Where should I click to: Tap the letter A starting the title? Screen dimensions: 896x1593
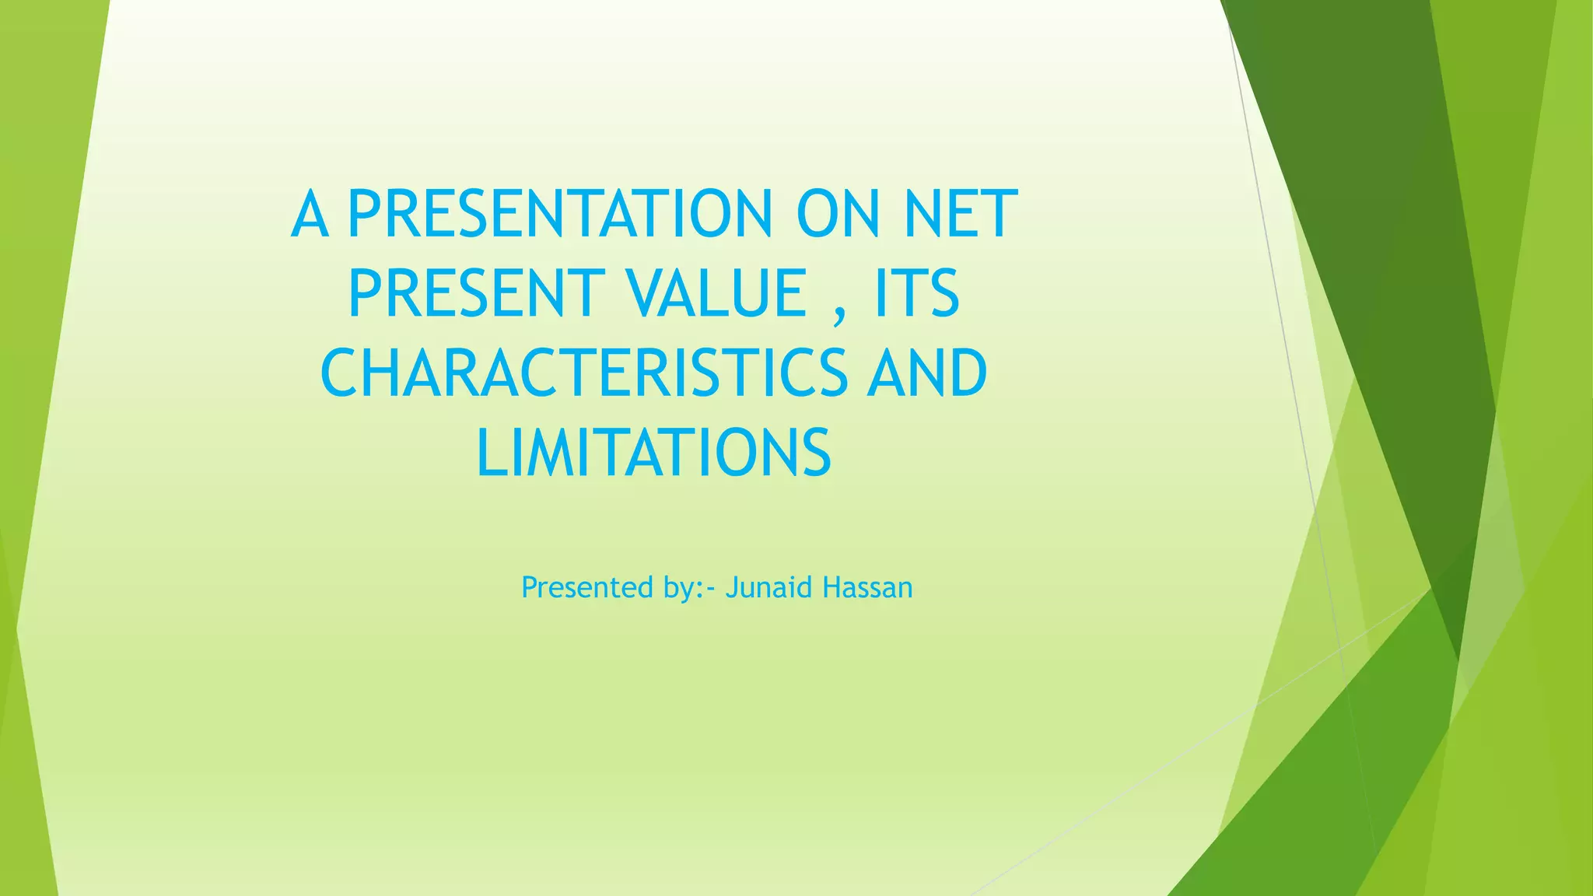pyautogui.click(x=310, y=213)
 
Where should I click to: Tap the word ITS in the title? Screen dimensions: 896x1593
pyautogui.click(x=916, y=293)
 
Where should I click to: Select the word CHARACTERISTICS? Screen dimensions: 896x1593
pyautogui.click(x=583, y=373)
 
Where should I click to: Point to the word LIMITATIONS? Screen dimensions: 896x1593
pyautogui.click(x=653, y=453)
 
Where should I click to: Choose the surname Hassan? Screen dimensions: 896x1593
pyautogui.click(x=867, y=587)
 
